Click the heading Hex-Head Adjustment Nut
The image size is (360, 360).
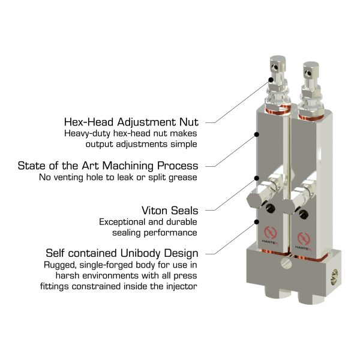tap(131, 122)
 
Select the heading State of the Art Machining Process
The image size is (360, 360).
tap(108, 166)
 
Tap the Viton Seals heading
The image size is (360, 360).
tap(170, 211)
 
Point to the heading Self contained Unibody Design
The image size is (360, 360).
tap(122, 253)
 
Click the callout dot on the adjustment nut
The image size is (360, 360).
tap(271, 80)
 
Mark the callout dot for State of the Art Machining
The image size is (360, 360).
tap(257, 134)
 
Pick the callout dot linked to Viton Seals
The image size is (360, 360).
tap(257, 178)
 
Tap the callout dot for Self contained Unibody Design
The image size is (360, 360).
tap(257, 222)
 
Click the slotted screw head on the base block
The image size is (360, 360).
tap(286, 263)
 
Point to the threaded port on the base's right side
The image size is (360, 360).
tap(335, 277)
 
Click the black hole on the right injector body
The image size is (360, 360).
tap(304, 214)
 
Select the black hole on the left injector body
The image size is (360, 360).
tap(270, 208)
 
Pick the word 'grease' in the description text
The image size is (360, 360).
tap(183, 178)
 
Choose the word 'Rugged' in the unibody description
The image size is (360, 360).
tap(59, 265)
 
